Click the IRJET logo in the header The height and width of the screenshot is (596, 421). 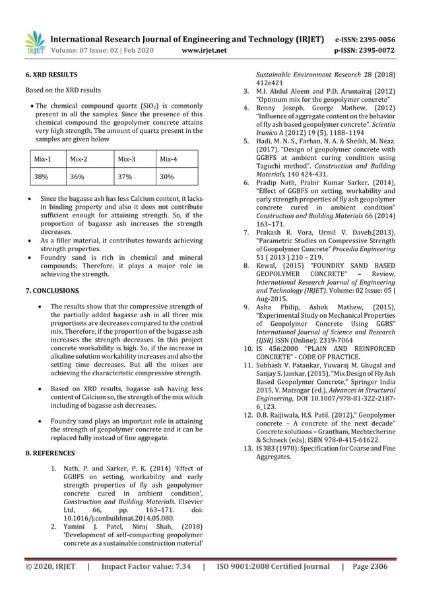34,42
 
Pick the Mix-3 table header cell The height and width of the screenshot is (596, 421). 125,159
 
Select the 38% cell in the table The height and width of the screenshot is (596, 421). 41,177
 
